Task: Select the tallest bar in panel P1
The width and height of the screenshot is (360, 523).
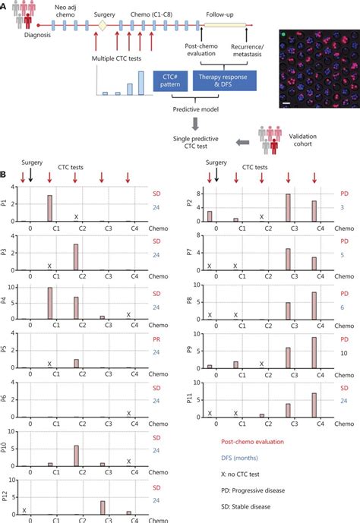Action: [x=49, y=207]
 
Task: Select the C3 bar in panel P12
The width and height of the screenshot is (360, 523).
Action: [x=102, y=502]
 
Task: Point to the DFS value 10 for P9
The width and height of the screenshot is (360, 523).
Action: [x=337, y=354]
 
